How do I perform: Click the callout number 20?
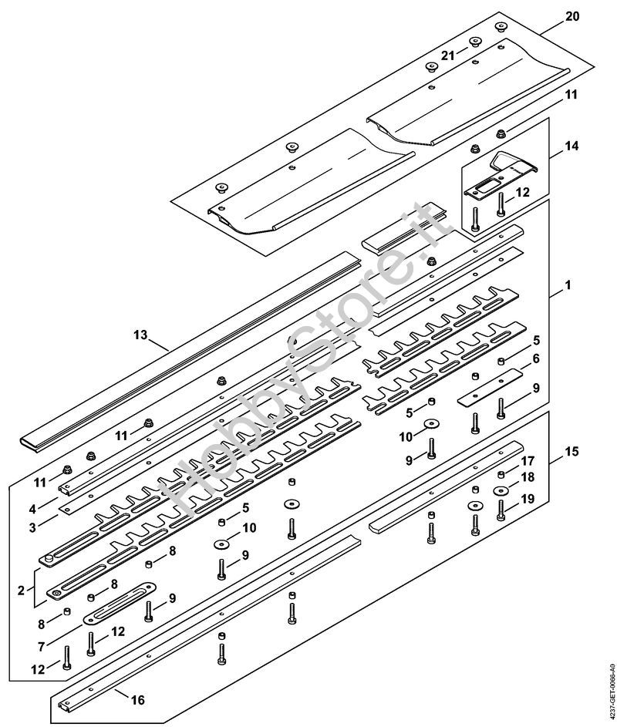coord(572,16)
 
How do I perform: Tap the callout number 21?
coord(447,56)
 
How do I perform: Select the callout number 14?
coord(572,146)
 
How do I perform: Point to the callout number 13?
coord(140,335)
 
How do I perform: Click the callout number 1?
coord(568,284)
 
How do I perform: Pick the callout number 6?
coord(536,358)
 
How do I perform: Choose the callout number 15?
coord(572,451)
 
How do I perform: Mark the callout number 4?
coord(32,509)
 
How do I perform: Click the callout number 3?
coord(32,527)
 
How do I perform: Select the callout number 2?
coord(21,591)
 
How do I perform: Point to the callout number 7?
coord(42,646)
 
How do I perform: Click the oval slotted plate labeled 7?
coord(120,604)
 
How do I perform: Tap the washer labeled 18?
coord(501,490)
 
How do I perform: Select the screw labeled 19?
coord(501,510)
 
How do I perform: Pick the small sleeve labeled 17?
coord(501,474)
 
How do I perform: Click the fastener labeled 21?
coord(474,42)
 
